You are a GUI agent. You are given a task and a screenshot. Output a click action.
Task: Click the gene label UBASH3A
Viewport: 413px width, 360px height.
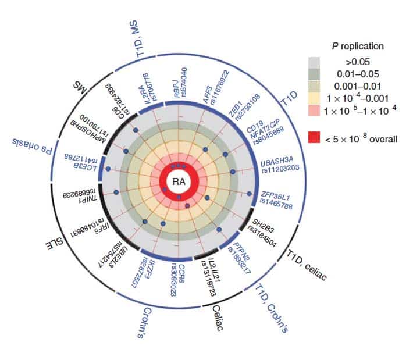pos(277,157)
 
